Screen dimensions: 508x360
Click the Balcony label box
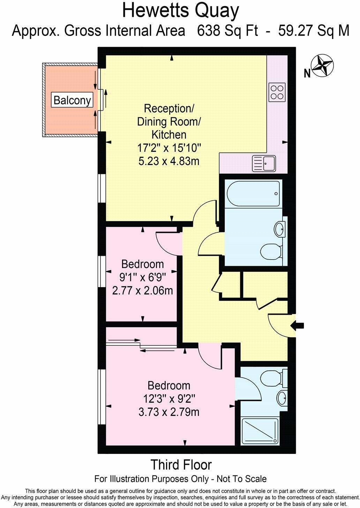(72, 100)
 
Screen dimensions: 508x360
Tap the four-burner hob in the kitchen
(277, 92)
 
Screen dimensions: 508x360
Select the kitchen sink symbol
(264, 163)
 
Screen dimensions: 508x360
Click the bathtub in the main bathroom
(253, 194)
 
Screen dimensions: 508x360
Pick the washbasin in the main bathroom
(280, 229)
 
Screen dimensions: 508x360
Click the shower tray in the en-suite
(260, 431)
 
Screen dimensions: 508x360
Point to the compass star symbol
(323, 66)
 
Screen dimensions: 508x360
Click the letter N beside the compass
(307, 73)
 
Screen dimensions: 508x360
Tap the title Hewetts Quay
(180, 10)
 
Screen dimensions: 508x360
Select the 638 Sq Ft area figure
(227, 31)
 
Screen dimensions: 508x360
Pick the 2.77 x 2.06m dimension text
(142, 290)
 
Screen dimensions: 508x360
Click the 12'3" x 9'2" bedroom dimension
(169, 399)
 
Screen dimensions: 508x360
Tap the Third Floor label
(181, 465)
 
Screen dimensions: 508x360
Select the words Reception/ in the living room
(169, 109)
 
